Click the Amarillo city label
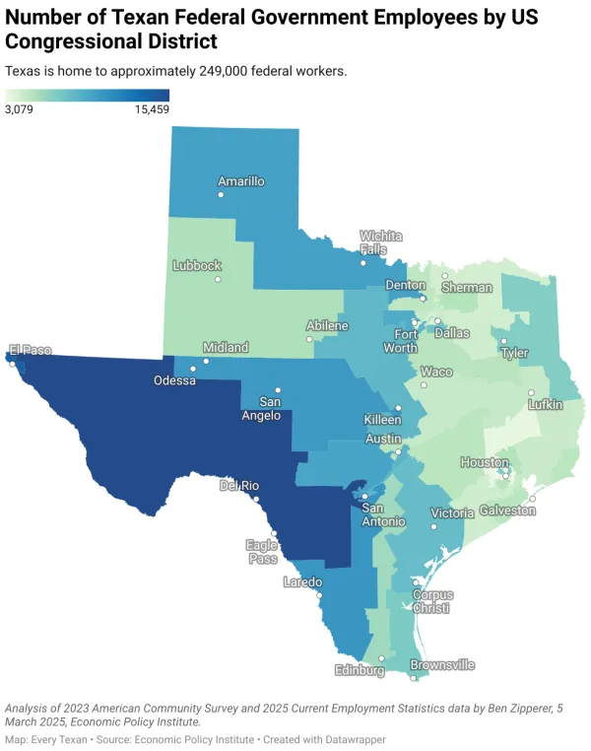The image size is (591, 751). point(241,181)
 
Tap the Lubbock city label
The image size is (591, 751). point(197,265)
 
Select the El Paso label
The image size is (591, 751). point(30,350)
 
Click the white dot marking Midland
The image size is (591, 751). point(207,362)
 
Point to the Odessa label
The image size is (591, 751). point(175,380)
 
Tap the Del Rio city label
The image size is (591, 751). point(239,485)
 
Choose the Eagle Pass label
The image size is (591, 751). point(261,550)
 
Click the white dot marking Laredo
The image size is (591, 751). point(319,595)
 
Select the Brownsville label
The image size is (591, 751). point(442,665)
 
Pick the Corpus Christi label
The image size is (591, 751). point(431,601)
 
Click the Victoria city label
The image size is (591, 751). point(452,513)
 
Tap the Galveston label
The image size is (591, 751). point(507,511)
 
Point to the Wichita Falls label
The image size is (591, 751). point(380,242)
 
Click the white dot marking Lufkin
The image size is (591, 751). point(531,392)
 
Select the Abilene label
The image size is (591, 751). point(327,325)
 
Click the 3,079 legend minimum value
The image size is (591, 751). point(20,109)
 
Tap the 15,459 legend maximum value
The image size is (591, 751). point(152,109)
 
